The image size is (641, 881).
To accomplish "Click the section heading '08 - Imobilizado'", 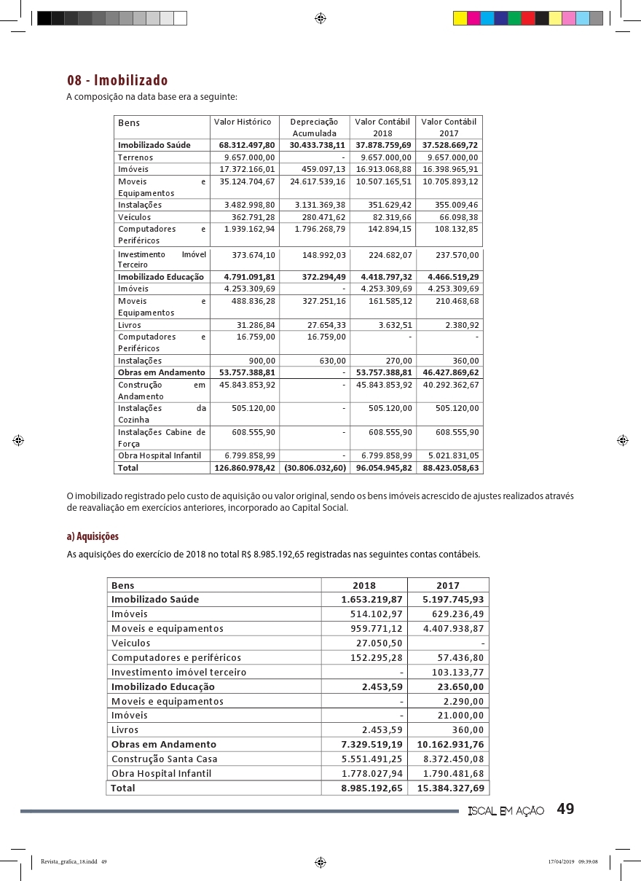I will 117,80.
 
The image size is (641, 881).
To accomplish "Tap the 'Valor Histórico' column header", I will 243,122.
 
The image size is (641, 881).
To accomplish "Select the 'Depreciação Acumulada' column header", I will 314,128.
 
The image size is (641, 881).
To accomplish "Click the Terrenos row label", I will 135,157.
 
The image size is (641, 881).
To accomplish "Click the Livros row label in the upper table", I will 130,325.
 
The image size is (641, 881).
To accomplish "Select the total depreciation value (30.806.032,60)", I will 315,468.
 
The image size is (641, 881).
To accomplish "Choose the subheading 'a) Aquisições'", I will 93,536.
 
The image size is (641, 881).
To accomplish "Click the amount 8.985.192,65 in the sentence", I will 274,555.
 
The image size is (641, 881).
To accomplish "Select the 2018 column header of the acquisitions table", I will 364,585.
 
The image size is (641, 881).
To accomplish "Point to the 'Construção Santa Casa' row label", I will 164,759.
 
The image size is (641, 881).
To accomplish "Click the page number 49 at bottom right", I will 566,809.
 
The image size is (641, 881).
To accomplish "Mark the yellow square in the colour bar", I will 460,18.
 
